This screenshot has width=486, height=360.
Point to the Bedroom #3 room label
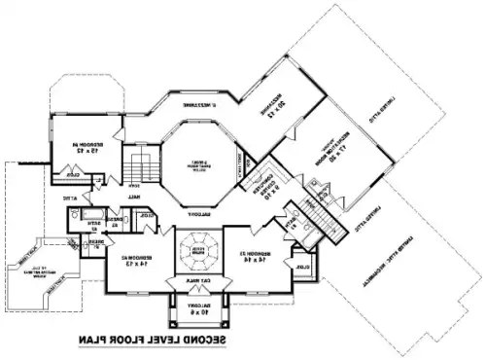coord(255,255)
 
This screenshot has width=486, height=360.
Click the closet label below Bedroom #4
coord(74,176)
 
